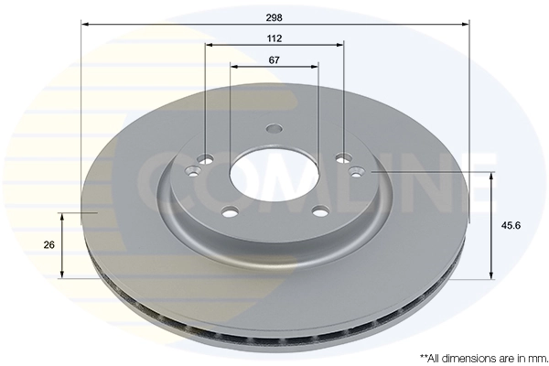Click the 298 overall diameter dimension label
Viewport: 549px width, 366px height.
274,17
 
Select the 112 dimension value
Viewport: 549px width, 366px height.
274,38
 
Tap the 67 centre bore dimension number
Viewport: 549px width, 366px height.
274,60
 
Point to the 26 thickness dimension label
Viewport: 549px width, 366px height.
49,245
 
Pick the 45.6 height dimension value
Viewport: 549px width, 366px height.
511,226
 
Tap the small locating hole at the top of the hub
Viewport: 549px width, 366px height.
274,128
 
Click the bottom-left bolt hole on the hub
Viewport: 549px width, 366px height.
231,211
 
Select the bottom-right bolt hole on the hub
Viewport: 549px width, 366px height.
321,211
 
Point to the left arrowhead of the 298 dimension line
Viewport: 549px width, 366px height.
84,24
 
